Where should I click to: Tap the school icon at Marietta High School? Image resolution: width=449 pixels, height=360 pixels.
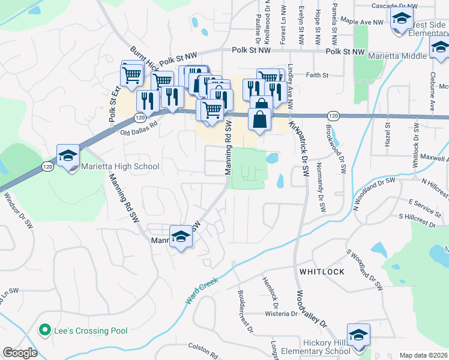[x=68, y=155]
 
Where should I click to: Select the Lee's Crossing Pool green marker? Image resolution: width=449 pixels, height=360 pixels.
[x=43, y=330]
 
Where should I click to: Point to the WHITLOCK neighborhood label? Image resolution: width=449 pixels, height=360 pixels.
[x=322, y=272]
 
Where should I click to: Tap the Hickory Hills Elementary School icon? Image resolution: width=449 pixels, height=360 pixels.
[x=358, y=334]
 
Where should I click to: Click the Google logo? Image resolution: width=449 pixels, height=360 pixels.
[x=20, y=353]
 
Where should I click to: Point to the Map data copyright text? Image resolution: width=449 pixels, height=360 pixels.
[x=423, y=355]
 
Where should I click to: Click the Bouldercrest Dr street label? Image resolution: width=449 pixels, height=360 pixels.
[x=246, y=312]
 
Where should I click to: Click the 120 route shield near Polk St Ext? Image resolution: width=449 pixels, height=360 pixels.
[x=139, y=118]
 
